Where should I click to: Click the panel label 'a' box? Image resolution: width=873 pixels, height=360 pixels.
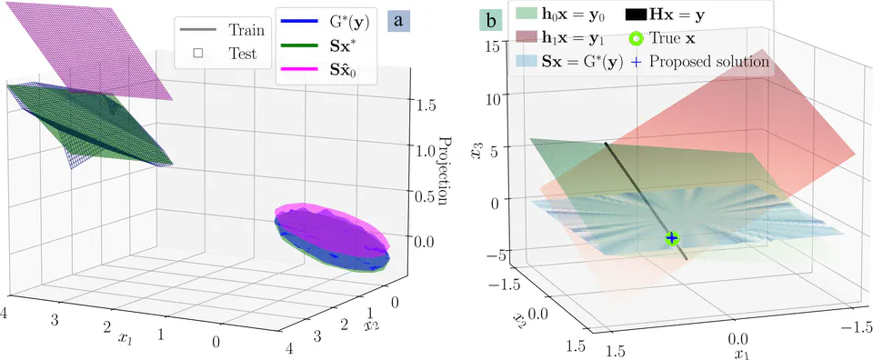pyautogui.click(x=398, y=20)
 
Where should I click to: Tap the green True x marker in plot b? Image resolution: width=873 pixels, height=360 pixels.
pyautogui.click(x=672, y=238)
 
